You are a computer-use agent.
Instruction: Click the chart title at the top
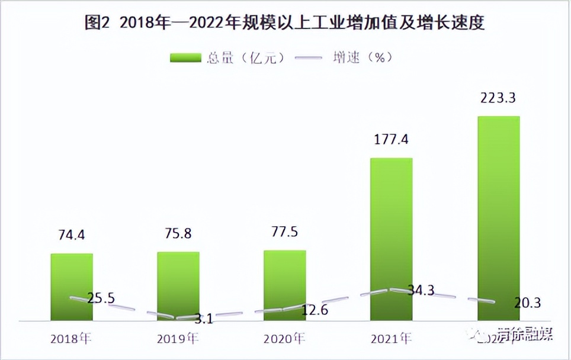285,23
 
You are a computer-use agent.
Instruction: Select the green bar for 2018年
72,287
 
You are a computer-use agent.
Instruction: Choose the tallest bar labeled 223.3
498,218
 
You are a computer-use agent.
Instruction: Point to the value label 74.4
72,236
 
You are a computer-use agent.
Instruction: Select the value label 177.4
392,140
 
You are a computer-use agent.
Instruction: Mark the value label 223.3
498,98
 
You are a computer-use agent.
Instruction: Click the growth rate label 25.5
101,298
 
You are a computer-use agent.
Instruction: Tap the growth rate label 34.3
421,291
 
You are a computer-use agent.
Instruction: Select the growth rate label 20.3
528,303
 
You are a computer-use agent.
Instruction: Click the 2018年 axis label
72,339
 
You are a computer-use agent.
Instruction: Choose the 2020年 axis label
285,339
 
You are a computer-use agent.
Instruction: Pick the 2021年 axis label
392,339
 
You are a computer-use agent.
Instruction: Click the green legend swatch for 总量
187,57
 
